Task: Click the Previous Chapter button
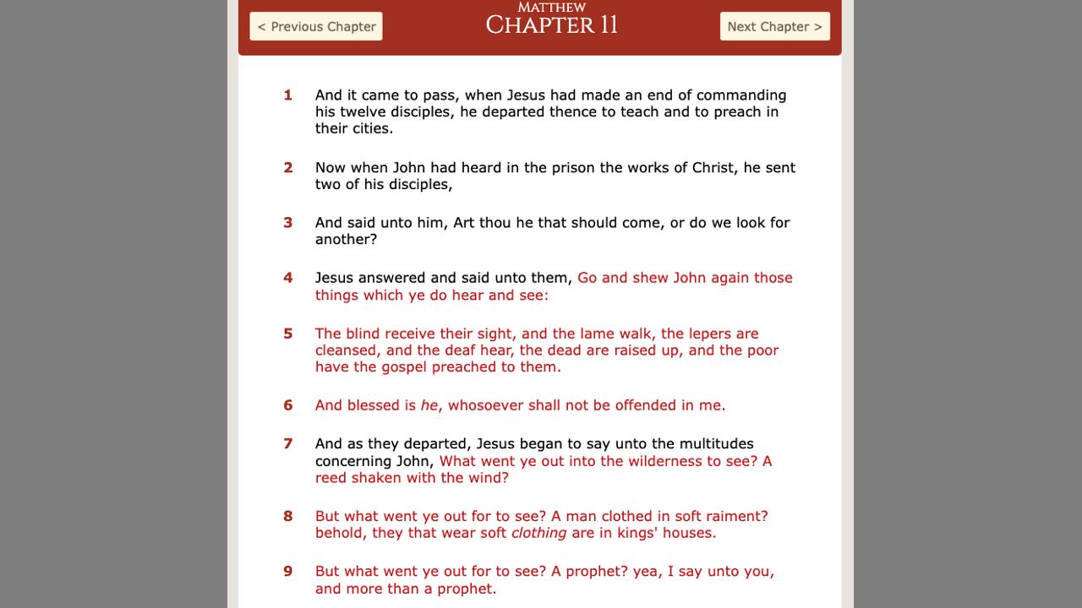[316, 26]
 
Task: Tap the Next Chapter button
[774, 26]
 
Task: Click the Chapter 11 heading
[551, 25]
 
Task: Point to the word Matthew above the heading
[551, 8]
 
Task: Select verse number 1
[288, 95]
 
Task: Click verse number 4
[288, 278]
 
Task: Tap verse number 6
[288, 405]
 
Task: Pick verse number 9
[288, 572]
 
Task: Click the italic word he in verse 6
[429, 405]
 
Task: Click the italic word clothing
[538, 533]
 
